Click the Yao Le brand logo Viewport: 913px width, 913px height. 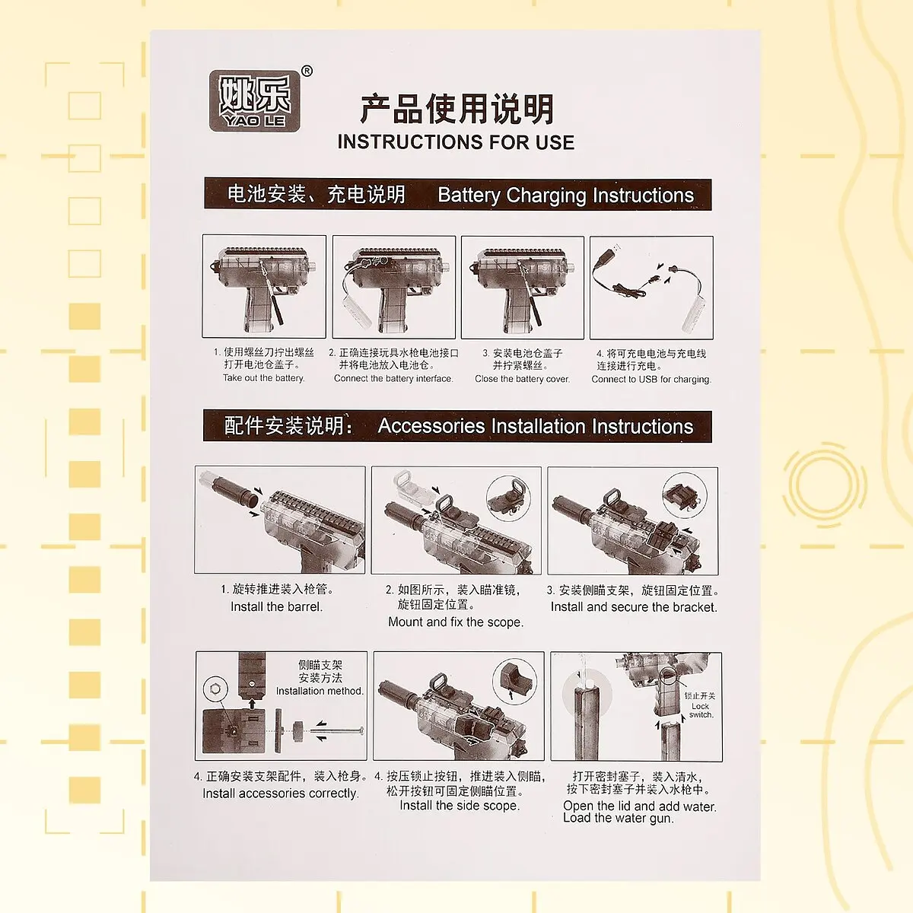coord(254,100)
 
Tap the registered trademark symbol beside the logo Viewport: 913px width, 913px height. coord(307,71)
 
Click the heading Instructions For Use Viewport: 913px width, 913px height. coord(456,142)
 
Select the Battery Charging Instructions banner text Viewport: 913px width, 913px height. coord(565,196)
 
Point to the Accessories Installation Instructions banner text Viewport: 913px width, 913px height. coord(536,426)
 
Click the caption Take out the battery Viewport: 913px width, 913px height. coord(264,378)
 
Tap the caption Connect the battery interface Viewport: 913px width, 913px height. coord(393,379)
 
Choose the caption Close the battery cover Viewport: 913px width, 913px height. coord(522,379)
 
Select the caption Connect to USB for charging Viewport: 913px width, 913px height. coord(651,380)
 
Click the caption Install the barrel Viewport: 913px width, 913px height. coord(277,607)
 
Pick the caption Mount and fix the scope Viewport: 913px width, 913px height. coord(456,622)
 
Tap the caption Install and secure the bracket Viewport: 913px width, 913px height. coord(634,607)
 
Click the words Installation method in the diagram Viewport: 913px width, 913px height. coord(320,691)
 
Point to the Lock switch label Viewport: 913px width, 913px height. coord(701,710)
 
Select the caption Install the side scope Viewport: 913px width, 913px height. coord(460,806)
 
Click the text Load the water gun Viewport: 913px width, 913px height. coord(619,818)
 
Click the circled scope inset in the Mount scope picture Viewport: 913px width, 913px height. coord(509,498)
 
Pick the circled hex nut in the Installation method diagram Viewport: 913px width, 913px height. coord(215,689)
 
